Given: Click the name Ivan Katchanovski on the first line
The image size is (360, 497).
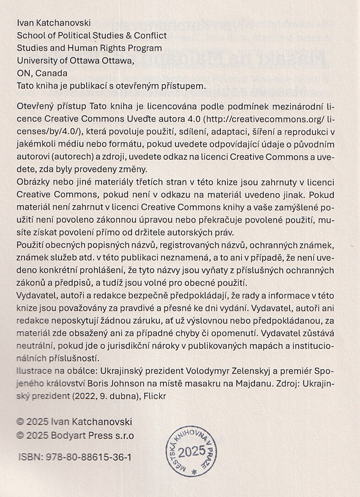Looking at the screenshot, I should pos(54,22).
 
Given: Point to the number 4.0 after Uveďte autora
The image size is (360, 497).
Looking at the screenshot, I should pos(190,120).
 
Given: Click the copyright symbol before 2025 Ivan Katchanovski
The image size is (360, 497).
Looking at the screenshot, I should pos(20,422).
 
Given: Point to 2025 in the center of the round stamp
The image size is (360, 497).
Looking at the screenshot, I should pos(192,452).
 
